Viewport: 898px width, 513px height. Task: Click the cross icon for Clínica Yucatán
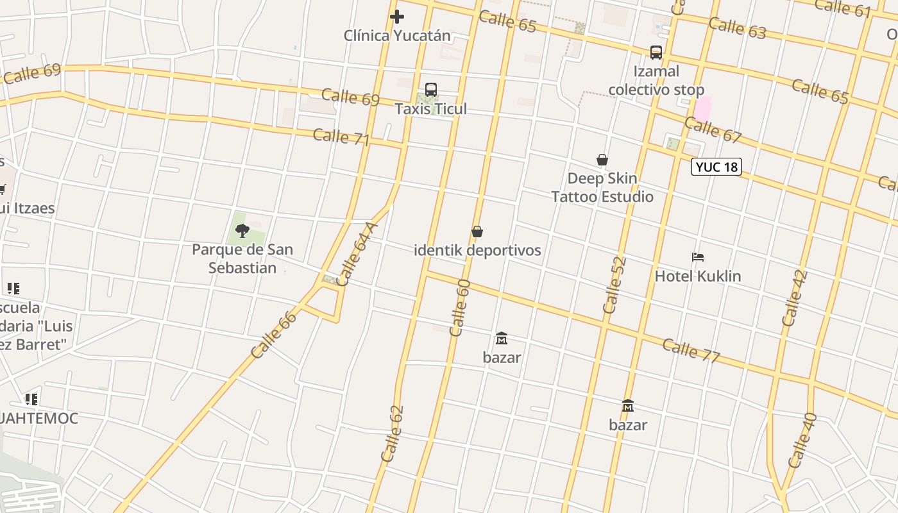pos(397,17)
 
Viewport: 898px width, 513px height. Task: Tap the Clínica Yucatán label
pos(397,35)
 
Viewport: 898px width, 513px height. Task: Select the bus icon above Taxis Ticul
pos(431,90)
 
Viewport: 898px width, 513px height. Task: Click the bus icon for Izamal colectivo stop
pos(656,53)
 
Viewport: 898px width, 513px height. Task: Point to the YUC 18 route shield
pos(716,167)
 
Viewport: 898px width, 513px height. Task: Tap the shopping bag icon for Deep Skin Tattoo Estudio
pos(602,160)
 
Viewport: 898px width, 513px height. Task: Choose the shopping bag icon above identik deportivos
pos(477,231)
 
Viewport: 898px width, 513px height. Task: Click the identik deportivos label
pos(477,250)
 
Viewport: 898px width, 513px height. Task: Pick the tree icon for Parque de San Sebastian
pos(242,231)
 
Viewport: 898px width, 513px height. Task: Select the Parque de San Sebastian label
pos(242,258)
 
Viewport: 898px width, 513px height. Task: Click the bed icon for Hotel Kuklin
pos(698,257)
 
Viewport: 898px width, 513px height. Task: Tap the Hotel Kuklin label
pos(698,276)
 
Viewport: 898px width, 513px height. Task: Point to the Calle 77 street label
pos(691,350)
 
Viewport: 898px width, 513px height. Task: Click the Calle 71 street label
pos(341,137)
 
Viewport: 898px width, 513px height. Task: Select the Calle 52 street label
pos(614,285)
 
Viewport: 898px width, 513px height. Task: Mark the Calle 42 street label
pos(795,298)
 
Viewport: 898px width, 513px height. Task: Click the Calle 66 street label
pos(274,334)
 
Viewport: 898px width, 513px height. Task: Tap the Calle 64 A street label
pos(357,255)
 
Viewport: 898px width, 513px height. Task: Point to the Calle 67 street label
pos(713,130)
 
